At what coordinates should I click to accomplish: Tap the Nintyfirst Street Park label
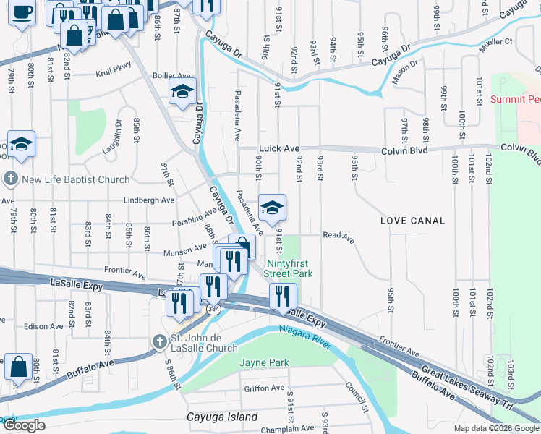coord(288,268)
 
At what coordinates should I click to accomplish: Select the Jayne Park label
coord(264,362)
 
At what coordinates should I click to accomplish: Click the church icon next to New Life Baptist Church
coord(11,179)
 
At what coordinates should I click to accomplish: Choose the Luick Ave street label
coord(279,149)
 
